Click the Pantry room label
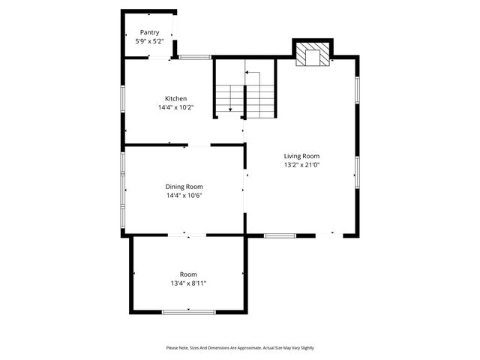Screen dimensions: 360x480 click(x=149, y=33)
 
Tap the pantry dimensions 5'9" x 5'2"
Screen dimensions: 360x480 click(x=149, y=42)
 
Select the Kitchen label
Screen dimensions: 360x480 click(x=176, y=99)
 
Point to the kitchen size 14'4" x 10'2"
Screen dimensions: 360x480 click(x=176, y=108)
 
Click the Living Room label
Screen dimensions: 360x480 click(x=301, y=156)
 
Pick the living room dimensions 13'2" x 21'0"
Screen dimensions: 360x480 click(x=301, y=165)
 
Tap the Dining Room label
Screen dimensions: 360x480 click(x=184, y=187)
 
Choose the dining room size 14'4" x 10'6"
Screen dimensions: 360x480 click(x=184, y=196)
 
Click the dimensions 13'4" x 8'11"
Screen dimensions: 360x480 click(x=188, y=283)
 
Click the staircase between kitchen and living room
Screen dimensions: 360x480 click(x=245, y=94)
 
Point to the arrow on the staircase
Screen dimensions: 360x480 click(x=247, y=73)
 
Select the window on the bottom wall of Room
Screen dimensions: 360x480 click(x=189, y=310)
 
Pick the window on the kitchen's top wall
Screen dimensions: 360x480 click(x=194, y=57)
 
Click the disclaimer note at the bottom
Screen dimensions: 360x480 click(x=240, y=348)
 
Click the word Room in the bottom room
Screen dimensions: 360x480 click(x=188, y=274)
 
